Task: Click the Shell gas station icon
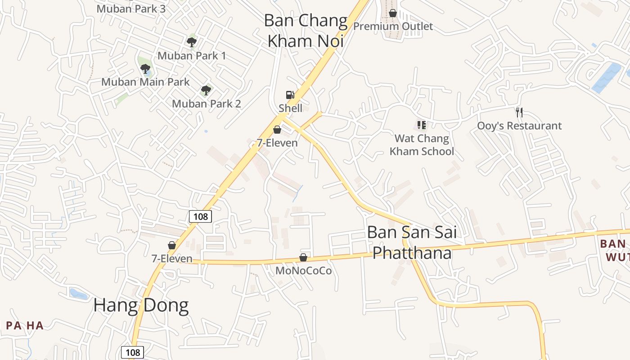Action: coord(290,94)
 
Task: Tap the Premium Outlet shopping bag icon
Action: coord(393,13)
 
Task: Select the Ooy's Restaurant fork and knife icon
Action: coord(519,112)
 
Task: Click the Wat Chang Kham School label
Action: coord(422,145)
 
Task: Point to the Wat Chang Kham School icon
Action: coord(422,125)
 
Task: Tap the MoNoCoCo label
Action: coord(303,270)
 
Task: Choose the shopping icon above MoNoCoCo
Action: coord(303,257)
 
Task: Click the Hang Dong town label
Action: coord(141,306)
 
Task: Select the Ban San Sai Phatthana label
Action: coord(412,243)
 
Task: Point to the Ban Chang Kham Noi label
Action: coord(306,31)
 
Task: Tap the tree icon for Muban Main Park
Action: coord(145,69)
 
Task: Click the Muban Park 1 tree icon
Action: coord(192,42)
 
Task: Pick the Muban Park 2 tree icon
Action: coord(206,90)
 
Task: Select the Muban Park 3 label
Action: coord(131,9)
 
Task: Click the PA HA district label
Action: coord(25,325)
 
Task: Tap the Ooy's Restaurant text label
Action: coord(519,126)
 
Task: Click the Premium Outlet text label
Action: coord(393,26)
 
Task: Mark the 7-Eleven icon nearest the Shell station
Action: coord(277,130)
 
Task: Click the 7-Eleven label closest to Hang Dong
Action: coord(171,259)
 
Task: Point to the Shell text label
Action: coord(290,108)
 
